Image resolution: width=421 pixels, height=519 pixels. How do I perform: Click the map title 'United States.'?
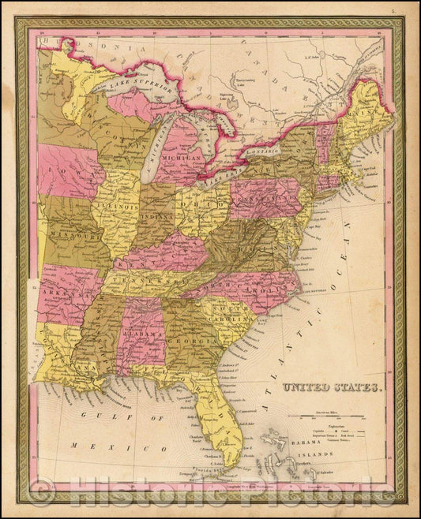(x=332, y=387)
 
